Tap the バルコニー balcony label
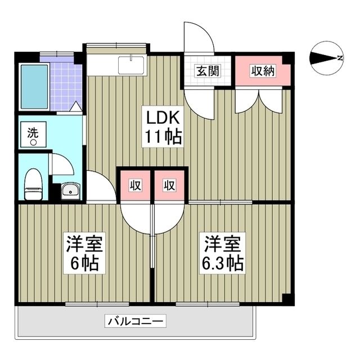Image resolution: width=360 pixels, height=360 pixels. (x=135, y=322)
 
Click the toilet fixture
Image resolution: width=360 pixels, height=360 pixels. (x=34, y=183)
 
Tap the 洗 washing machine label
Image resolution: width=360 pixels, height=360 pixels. (x=34, y=135)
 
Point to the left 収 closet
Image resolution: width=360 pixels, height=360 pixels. (x=136, y=185)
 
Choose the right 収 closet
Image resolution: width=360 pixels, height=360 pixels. (x=169, y=185)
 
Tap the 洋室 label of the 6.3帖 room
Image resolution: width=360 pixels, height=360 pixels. (x=223, y=244)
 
